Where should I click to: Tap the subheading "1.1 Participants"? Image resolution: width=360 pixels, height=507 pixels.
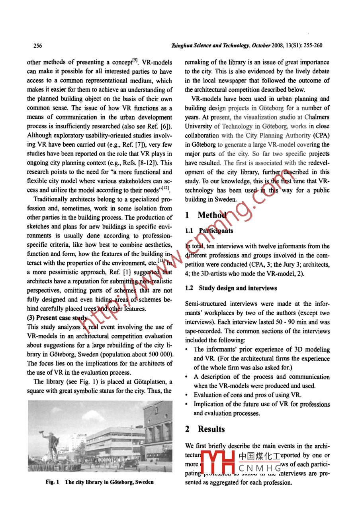point(209,231)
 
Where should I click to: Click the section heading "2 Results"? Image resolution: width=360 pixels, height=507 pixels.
point(205,429)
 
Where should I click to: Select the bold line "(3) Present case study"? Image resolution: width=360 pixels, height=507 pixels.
point(57,318)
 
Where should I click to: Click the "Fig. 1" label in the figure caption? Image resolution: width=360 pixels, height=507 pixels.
point(52,482)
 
